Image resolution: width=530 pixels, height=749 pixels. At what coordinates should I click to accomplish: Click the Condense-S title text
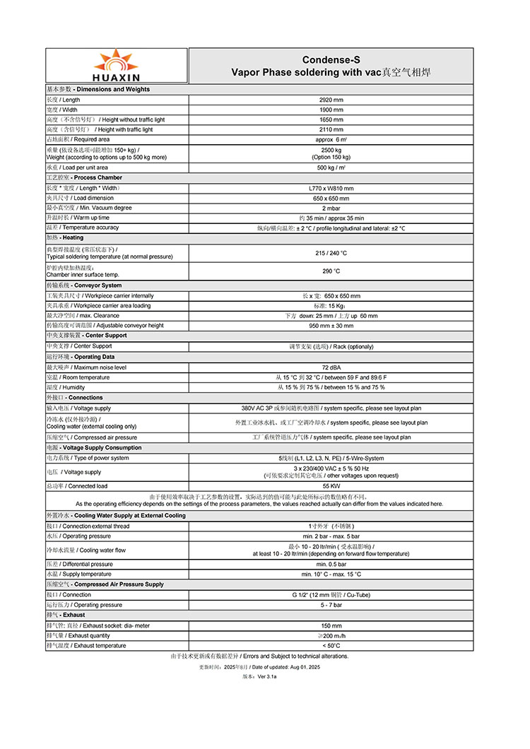pos(331,60)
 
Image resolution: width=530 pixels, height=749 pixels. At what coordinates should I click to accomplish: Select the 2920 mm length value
pos(331,100)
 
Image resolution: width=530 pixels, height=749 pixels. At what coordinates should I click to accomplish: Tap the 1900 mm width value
pos(331,110)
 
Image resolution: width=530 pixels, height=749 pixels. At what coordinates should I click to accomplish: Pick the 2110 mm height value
pos(331,129)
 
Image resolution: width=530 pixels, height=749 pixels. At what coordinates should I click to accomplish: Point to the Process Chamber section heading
pos(84,177)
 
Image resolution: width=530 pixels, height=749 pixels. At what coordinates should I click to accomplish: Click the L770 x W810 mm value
pos(331,188)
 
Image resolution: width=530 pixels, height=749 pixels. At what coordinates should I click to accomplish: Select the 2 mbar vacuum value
pos(331,208)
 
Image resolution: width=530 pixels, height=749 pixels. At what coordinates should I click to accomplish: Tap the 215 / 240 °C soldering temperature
pos(331,252)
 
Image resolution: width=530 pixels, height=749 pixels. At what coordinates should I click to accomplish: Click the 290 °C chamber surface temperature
pos(331,271)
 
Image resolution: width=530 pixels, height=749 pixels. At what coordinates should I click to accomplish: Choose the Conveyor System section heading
pos(84,285)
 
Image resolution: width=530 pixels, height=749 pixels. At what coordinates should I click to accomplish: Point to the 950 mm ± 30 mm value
pos(331,325)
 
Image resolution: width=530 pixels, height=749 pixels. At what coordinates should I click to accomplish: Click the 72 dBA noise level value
pos(331,367)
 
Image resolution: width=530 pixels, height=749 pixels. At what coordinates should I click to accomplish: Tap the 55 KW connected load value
pos(331,486)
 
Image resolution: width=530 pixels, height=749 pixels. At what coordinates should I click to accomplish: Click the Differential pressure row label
pos(79,564)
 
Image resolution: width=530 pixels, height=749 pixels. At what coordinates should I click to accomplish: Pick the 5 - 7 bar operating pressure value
pos(331,605)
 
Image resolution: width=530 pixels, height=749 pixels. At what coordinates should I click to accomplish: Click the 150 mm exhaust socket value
pos(331,625)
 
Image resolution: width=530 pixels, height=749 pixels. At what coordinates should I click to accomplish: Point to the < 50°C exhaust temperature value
pos(331,645)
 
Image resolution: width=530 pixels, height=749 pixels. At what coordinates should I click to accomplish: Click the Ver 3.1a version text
pos(260,676)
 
